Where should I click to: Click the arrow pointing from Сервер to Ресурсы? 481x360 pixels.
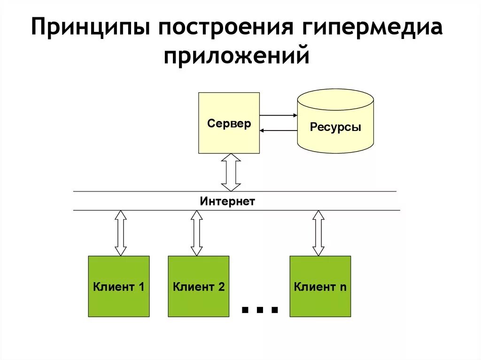[x=278, y=115]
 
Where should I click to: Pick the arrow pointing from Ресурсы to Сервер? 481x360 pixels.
[x=278, y=130]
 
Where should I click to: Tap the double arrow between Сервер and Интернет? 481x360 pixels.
[x=231, y=172]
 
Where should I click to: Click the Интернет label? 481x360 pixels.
[x=227, y=202]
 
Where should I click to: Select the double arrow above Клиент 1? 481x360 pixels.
[x=121, y=233]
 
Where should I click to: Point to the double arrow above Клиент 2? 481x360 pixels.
[x=197, y=233]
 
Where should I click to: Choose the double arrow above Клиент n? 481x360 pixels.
[x=319, y=233]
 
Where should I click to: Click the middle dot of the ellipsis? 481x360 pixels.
[x=259, y=309]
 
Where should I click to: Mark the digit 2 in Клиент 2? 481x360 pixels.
[x=221, y=287]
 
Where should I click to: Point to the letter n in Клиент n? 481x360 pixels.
[x=343, y=287]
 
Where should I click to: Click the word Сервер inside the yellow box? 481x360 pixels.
[x=229, y=124]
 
